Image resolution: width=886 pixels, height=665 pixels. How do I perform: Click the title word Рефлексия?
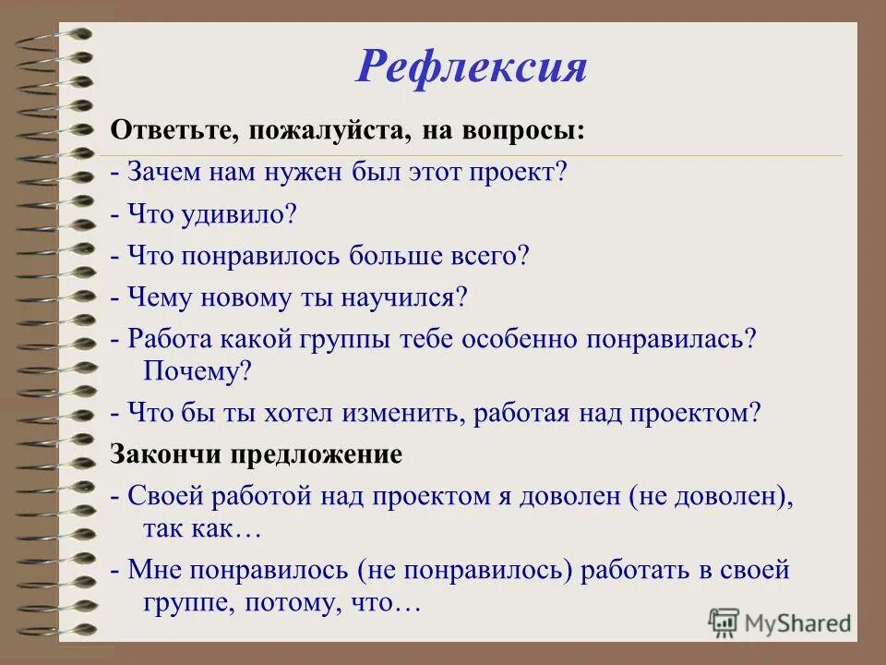(471, 66)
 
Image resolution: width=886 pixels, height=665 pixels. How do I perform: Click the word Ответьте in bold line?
(169, 131)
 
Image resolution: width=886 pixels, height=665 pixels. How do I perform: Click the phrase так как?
(189, 529)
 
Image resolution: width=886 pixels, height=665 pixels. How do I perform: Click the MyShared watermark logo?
(780, 623)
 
